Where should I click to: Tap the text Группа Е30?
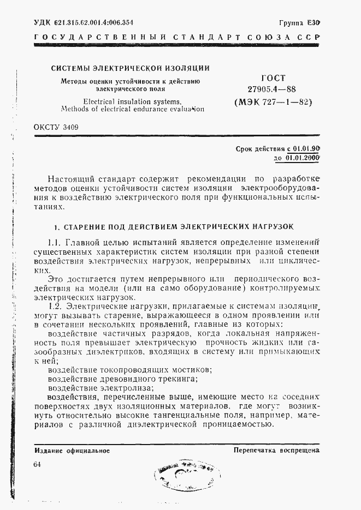299,23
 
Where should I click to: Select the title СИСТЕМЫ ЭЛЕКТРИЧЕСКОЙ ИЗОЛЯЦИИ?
130,69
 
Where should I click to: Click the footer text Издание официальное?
72,451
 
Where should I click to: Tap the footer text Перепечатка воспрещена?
276,451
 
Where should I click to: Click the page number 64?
37,464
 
